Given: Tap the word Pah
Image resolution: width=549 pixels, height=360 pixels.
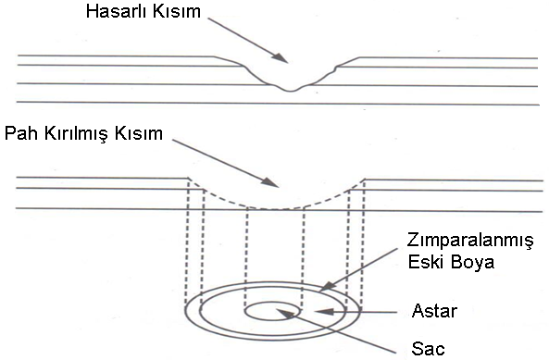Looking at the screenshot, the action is (x=20, y=133).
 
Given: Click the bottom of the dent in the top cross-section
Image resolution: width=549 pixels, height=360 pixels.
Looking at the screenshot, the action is (x=290, y=90).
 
